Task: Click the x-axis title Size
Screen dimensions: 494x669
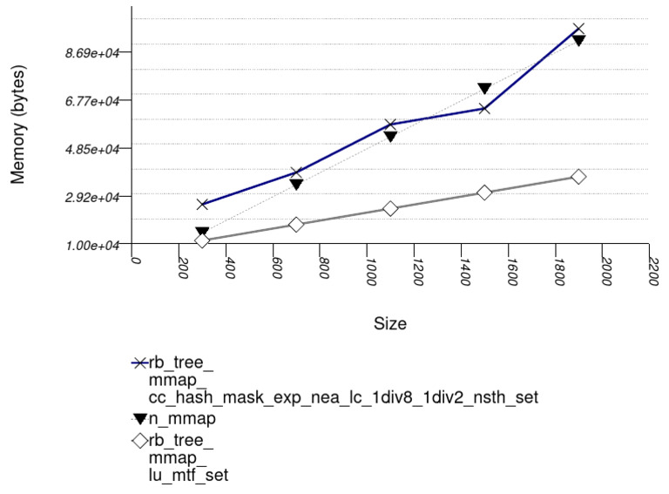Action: click(389, 324)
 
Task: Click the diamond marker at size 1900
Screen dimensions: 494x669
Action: click(578, 177)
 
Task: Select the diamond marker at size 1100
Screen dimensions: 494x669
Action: click(390, 208)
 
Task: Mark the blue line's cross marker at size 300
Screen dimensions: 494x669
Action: click(202, 205)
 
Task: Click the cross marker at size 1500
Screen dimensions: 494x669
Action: click(484, 108)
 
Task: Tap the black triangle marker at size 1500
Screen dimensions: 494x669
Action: click(484, 88)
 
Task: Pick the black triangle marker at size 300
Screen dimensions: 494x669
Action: click(202, 232)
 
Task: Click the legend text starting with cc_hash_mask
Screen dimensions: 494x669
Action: click(343, 397)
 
